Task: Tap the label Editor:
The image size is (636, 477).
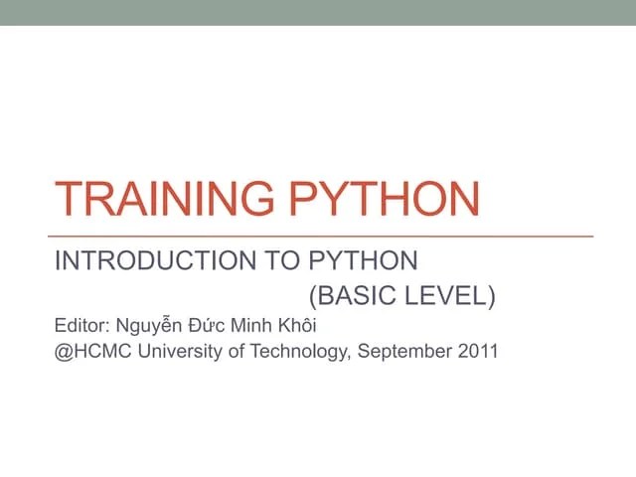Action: click(82, 325)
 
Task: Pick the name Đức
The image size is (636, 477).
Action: click(209, 325)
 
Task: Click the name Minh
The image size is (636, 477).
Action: click(255, 325)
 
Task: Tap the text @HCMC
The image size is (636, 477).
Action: click(89, 351)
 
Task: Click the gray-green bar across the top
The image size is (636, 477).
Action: click(318, 12)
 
